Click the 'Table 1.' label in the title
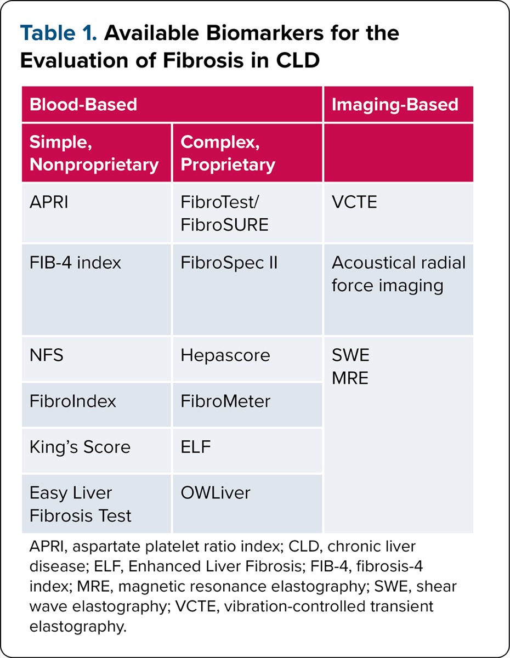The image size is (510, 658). click(59, 33)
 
